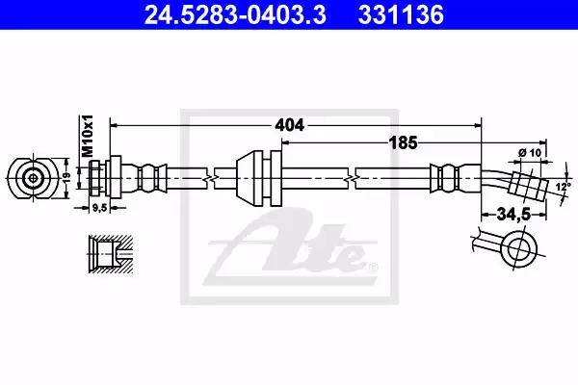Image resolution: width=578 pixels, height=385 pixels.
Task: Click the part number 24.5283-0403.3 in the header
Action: [x=235, y=15]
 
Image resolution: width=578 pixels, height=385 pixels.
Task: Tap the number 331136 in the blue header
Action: [x=401, y=15]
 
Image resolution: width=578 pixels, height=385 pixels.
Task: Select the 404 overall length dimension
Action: [x=289, y=125]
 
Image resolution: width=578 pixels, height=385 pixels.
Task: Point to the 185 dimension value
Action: [x=404, y=142]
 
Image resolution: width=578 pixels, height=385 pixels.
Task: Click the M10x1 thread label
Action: [x=88, y=136]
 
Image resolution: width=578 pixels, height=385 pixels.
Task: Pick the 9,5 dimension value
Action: [x=99, y=208]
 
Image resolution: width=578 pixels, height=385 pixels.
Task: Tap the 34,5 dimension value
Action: [x=513, y=214]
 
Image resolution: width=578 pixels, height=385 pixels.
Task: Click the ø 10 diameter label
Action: [x=529, y=152]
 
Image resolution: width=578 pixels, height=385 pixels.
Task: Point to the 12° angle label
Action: [x=563, y=187]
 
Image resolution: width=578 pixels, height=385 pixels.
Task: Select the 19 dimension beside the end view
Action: [x=66, y=178]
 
